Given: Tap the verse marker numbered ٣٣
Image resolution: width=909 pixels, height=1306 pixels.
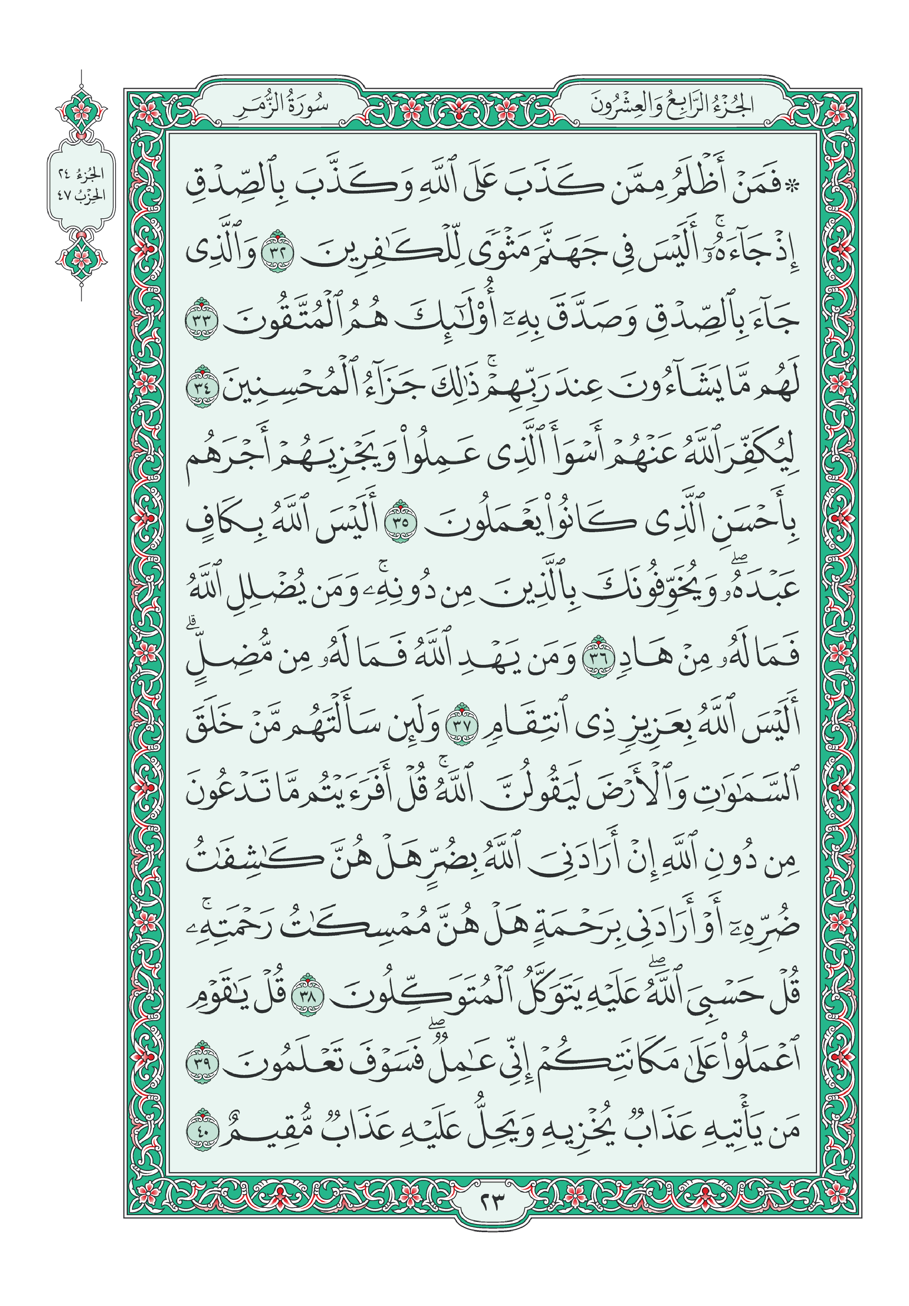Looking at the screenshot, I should (201, 319).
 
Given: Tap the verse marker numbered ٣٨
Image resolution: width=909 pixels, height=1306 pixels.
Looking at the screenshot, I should (307, 995).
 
